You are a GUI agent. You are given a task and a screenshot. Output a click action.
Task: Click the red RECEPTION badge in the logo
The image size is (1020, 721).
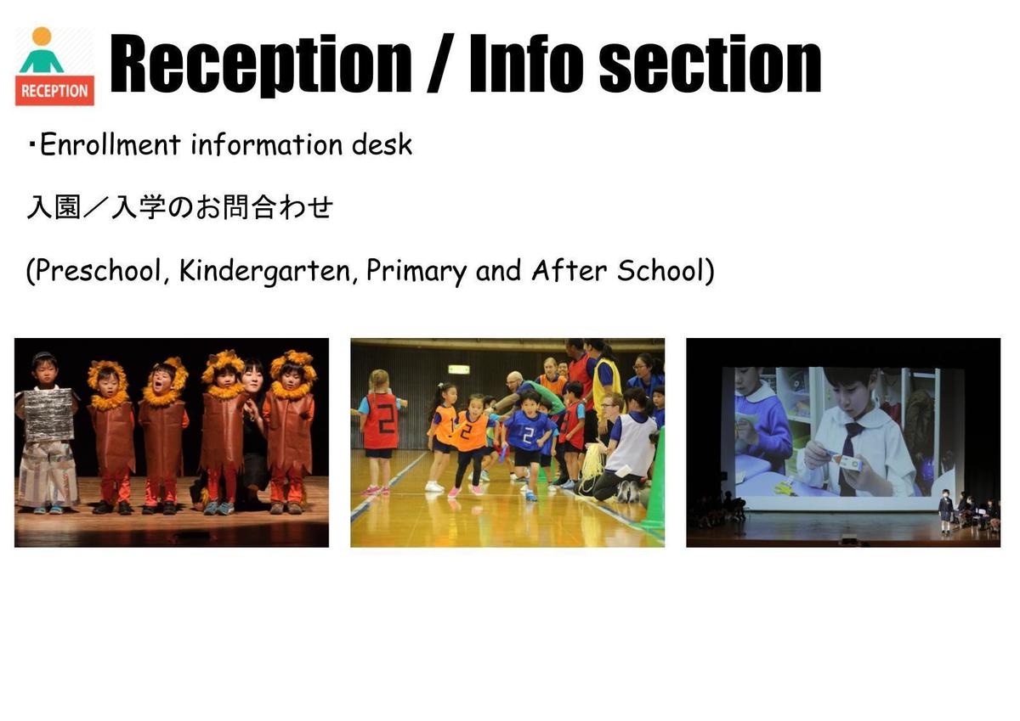(x=54, y=91)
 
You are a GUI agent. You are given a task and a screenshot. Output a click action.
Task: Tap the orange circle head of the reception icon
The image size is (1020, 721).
(x=42, y=37)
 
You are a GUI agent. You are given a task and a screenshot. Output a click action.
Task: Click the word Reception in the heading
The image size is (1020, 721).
(x=260, y=63)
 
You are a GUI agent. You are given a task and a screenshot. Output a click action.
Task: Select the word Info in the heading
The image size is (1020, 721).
(x=526, y=63)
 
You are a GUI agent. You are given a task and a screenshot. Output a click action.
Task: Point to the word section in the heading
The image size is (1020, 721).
(x=711, y=65)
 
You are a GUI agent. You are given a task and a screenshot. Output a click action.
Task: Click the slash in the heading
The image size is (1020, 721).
(x=440, y=63)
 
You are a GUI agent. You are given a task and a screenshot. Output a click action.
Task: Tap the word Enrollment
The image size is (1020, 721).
(x=110, y=144)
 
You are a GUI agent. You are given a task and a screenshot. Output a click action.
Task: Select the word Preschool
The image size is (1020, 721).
(x=99, y=271)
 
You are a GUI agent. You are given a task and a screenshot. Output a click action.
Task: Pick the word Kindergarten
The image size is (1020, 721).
(x=265, y=272)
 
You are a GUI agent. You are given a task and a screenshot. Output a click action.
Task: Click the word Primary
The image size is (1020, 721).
(x=416, y=272)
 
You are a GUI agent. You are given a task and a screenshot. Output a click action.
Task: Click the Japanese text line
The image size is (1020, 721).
(x=180, y=207)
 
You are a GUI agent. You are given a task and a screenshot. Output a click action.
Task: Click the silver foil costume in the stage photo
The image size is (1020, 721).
(x=48, y=415)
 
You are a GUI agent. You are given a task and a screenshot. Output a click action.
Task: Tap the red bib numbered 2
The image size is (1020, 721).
(x=380, y=420)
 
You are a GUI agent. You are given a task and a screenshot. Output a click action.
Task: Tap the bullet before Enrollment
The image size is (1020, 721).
(x=32, y=145)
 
